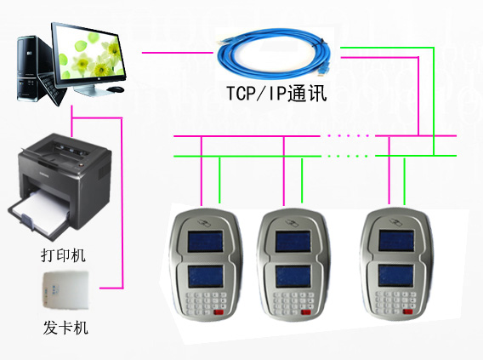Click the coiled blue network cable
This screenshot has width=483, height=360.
coord(274,54)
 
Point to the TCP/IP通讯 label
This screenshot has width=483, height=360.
coord(276,93)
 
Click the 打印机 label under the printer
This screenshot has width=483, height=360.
coord(63,255)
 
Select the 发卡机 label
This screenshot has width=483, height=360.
coord(65,328)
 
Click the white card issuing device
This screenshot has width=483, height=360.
coord(65,290)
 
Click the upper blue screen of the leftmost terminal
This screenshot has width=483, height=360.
coord(206,241)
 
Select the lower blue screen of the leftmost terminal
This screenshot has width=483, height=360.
coord(206,277)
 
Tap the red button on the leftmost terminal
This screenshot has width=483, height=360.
coord(219,312)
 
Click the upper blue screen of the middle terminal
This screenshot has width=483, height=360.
coord(293,242)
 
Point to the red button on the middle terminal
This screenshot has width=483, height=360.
coord(306,312)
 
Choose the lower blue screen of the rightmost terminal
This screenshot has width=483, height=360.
coord(395,275)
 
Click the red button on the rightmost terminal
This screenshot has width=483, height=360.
coord(408,312)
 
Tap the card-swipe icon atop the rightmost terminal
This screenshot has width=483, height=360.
coord(396,221)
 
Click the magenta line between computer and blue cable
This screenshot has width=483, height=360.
coord(178,53)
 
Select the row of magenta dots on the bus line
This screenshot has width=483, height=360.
coord(348,135)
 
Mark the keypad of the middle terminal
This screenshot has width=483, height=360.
coord(292,304)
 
